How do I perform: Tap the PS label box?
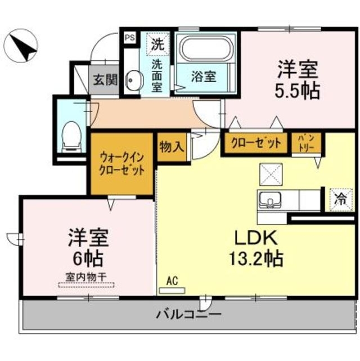[x=129, y=38]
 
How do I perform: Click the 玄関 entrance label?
[x=103, y=80]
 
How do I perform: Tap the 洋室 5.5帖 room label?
[x=298, y=79]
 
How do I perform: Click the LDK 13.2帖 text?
[x=255, y=248]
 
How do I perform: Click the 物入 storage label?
[x=172, y=148]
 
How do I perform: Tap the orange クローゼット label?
[x=256, y=143]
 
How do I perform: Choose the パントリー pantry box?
[x=306, y=143]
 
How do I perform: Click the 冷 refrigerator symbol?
[x=340, y=198]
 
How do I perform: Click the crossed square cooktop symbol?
[x=272, y=173]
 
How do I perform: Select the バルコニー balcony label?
[x=189, y=314]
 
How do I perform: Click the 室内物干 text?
[x=85, y=277]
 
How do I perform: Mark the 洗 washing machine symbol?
[x=157, y=43]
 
